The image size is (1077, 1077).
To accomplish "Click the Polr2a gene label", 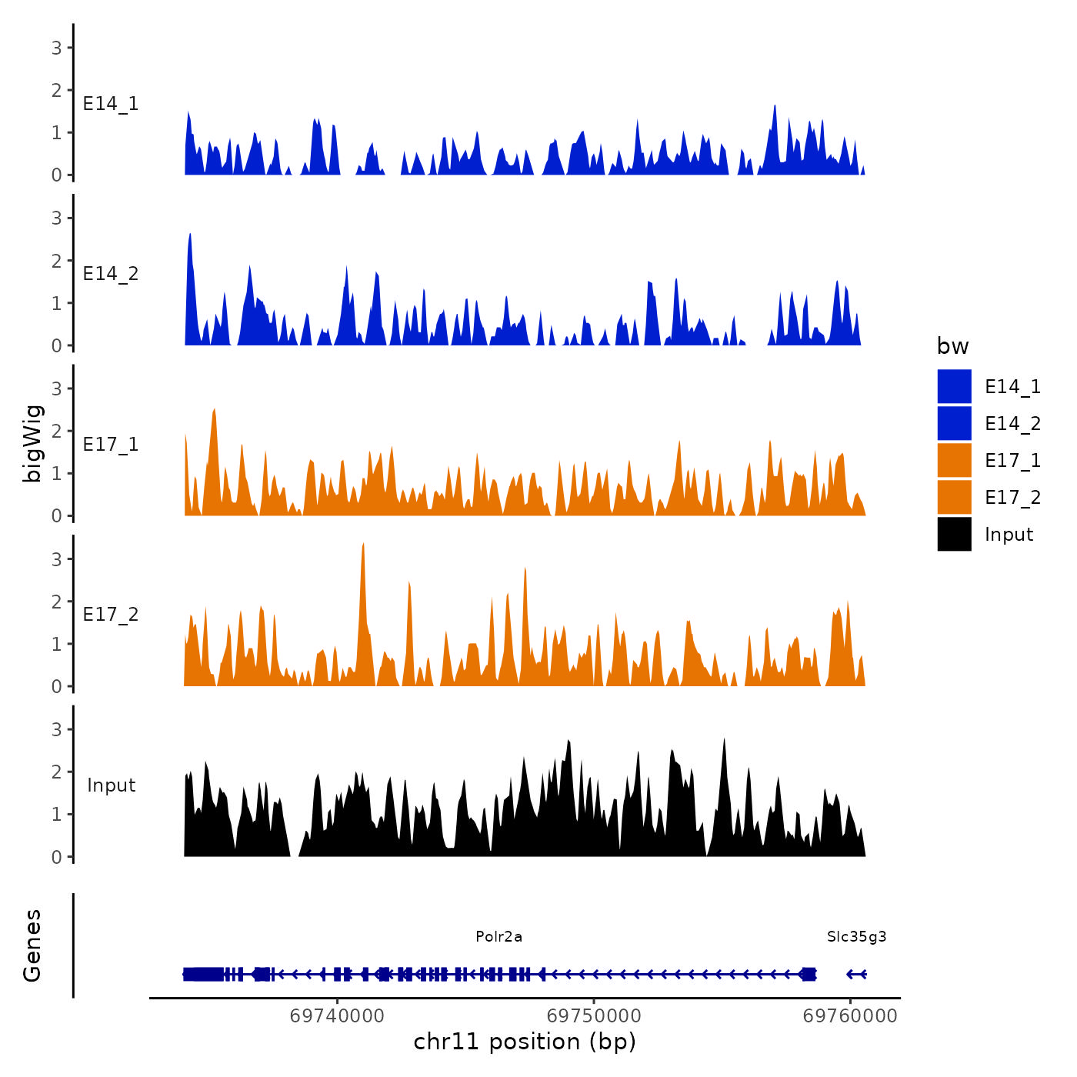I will pyautogui.click(x=498, y=936).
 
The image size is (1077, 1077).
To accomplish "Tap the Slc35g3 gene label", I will pyautogui.click(x=856, y=936).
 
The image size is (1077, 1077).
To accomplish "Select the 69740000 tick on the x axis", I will pyautogui.click(x=337, y=1015).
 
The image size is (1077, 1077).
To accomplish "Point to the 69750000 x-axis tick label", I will pyautogui.click(x=594, y=1015).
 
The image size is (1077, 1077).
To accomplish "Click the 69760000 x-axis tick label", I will pyautogui.click(x=850, y=1015).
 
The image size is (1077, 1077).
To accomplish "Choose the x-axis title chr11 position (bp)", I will pyautogui.click(x=525, y=1042).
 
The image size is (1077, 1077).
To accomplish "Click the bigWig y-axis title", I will pyautogui.click(x=32, y=443).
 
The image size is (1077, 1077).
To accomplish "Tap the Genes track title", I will pyautogui.click(x=32, y=945).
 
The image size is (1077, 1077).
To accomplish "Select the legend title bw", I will pyautogui.click(x=952, y=346).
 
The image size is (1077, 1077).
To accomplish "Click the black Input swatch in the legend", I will pyautogui.click(x=954, y=534).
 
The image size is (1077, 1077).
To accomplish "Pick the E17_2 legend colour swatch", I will pyautogui.click(x=954, y=497).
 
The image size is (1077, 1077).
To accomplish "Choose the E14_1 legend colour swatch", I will pyautogui.click(x=954, y=386).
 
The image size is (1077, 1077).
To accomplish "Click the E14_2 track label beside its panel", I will pyautogui.click(x=111, y=274).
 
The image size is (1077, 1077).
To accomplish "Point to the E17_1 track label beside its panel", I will pyautogui.click(x=111, y=445).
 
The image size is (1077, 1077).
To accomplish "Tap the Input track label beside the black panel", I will pyautogui.click(x=111, y=785).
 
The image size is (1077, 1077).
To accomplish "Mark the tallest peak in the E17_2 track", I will pyautogui.click(x=362, y=545).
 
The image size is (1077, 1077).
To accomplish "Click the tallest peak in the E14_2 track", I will pyautogui.click(x=190, y=235).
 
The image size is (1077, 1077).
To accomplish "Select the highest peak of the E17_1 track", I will pyautogui.click(x=214, y=410).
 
